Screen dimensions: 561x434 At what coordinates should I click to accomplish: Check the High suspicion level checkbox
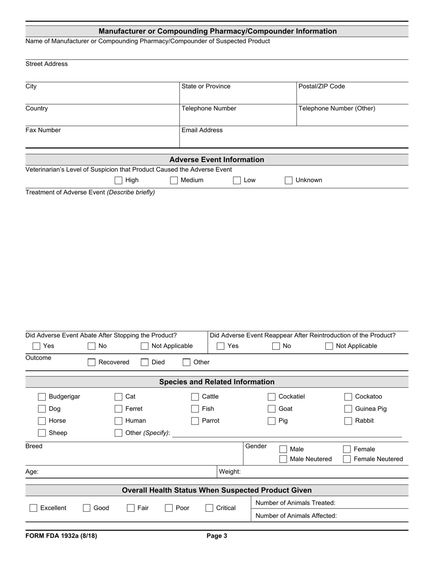[x=119, y=180]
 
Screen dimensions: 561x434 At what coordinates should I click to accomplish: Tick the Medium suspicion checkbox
[x=174, y=180]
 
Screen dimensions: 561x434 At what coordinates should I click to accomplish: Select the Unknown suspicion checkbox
[x=289, y=180]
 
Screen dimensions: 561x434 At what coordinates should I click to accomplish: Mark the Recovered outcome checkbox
[x=91, y=362]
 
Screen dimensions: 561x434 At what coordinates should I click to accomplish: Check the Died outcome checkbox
[x=144, y=362]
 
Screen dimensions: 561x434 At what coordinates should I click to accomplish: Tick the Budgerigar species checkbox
[x=42, y=397]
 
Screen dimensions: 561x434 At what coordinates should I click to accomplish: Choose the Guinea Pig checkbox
[x=348, y=409]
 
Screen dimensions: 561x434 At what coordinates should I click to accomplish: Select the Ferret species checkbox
[x=118, y=409]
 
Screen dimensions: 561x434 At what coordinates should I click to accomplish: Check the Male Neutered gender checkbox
[x=283, y=459]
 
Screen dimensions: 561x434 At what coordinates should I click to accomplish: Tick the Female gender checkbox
[x=347, y=449]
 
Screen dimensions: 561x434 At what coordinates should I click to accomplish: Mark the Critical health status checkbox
[x=209, y=508]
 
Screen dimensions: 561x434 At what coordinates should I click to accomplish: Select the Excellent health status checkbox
[x=33, y=508]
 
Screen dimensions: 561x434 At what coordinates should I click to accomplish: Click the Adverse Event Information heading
[x=217, y=160]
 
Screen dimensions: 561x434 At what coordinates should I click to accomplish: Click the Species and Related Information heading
[x=217, y=382]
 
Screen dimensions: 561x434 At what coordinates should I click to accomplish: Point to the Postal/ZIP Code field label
[x=322, y=86]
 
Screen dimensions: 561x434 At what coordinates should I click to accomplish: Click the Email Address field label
[x=202, y=130]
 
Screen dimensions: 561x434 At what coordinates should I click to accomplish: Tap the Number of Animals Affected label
[x=296, y=516]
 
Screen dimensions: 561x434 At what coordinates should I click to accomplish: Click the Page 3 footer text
[x=217, y=536]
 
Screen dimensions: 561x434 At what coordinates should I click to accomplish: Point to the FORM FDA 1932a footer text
[x=61, y=536]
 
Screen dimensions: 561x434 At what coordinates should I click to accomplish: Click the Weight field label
[x=230, y=472]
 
